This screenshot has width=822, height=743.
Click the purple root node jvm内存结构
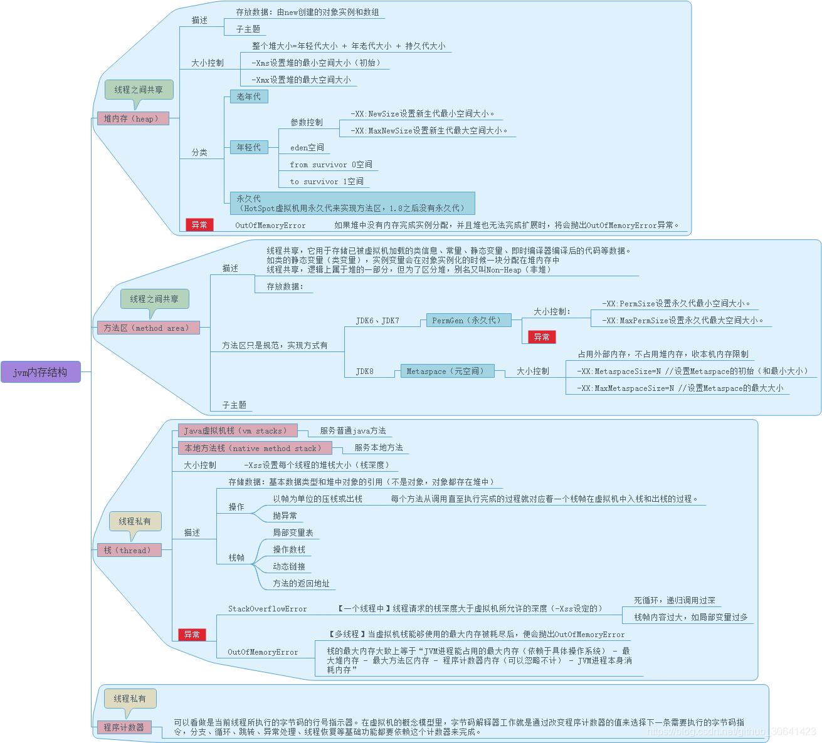coord(40,372)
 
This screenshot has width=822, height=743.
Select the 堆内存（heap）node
coord(132,118)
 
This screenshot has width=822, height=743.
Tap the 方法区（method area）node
coord(147,328)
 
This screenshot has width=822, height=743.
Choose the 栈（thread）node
coord(128,550)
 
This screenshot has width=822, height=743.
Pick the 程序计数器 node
coord(124,727)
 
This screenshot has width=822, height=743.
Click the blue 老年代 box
coord(248,96)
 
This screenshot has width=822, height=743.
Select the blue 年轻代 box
coord(248,147)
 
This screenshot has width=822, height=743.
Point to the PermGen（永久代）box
coord(468,320)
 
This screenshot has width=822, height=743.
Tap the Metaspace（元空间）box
coord(446,371)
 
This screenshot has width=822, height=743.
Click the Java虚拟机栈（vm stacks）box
coord(237,431)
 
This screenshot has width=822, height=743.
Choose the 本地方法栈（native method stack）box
coord(254,448)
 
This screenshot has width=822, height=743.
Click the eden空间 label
coord(307,148)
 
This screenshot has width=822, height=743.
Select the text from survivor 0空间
coord(331,165)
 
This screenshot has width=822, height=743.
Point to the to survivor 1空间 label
coord(326,182)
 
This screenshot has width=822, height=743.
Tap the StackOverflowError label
coord(268,609)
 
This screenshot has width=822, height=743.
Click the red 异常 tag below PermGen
coord(542,337)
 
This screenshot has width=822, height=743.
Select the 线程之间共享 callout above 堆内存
coord(139,90)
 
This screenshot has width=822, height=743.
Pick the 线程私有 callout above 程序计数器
coord(130,699)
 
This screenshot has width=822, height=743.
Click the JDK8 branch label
coord(364,371)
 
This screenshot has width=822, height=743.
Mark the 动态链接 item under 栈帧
coord(289,566)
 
